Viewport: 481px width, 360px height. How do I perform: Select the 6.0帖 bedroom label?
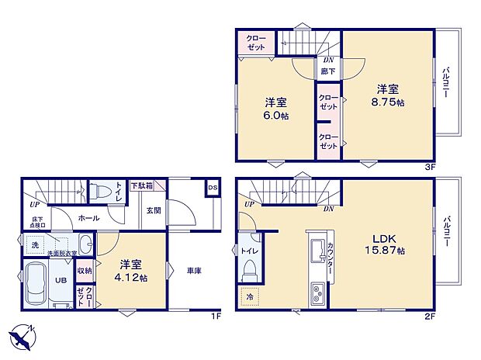click(275, 108)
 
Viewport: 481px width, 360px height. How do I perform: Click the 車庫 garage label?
click(194, 271)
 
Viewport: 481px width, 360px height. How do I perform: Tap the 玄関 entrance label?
click(153, 210)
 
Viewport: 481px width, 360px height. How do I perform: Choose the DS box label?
click(212, 188)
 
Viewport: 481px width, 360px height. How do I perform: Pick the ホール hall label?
click(88, 218)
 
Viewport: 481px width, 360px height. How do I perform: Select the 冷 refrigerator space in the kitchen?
click(250, 296)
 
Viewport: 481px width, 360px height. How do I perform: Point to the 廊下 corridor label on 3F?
click(328, 71)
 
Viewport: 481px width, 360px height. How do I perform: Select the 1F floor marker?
click(216, 317)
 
